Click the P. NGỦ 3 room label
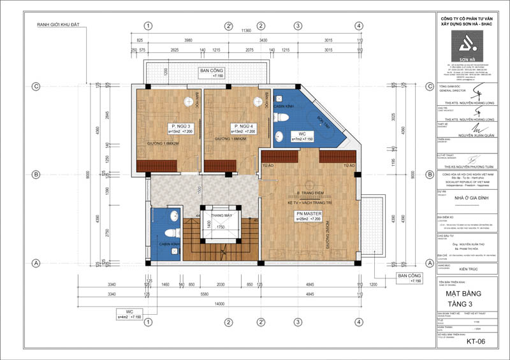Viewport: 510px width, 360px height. pos(177,126)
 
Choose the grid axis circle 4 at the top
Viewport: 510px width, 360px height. pos(359,26)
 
